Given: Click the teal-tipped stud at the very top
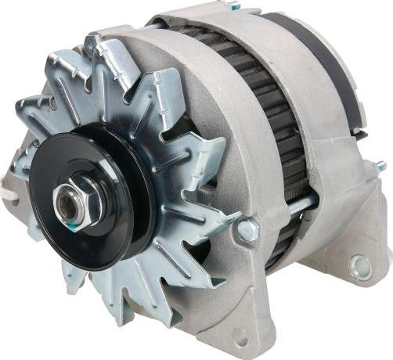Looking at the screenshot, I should [x=233, y=6].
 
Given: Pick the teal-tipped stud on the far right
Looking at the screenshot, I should [x=380, y=167].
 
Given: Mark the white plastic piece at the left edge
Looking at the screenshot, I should [x=9, y=188].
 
